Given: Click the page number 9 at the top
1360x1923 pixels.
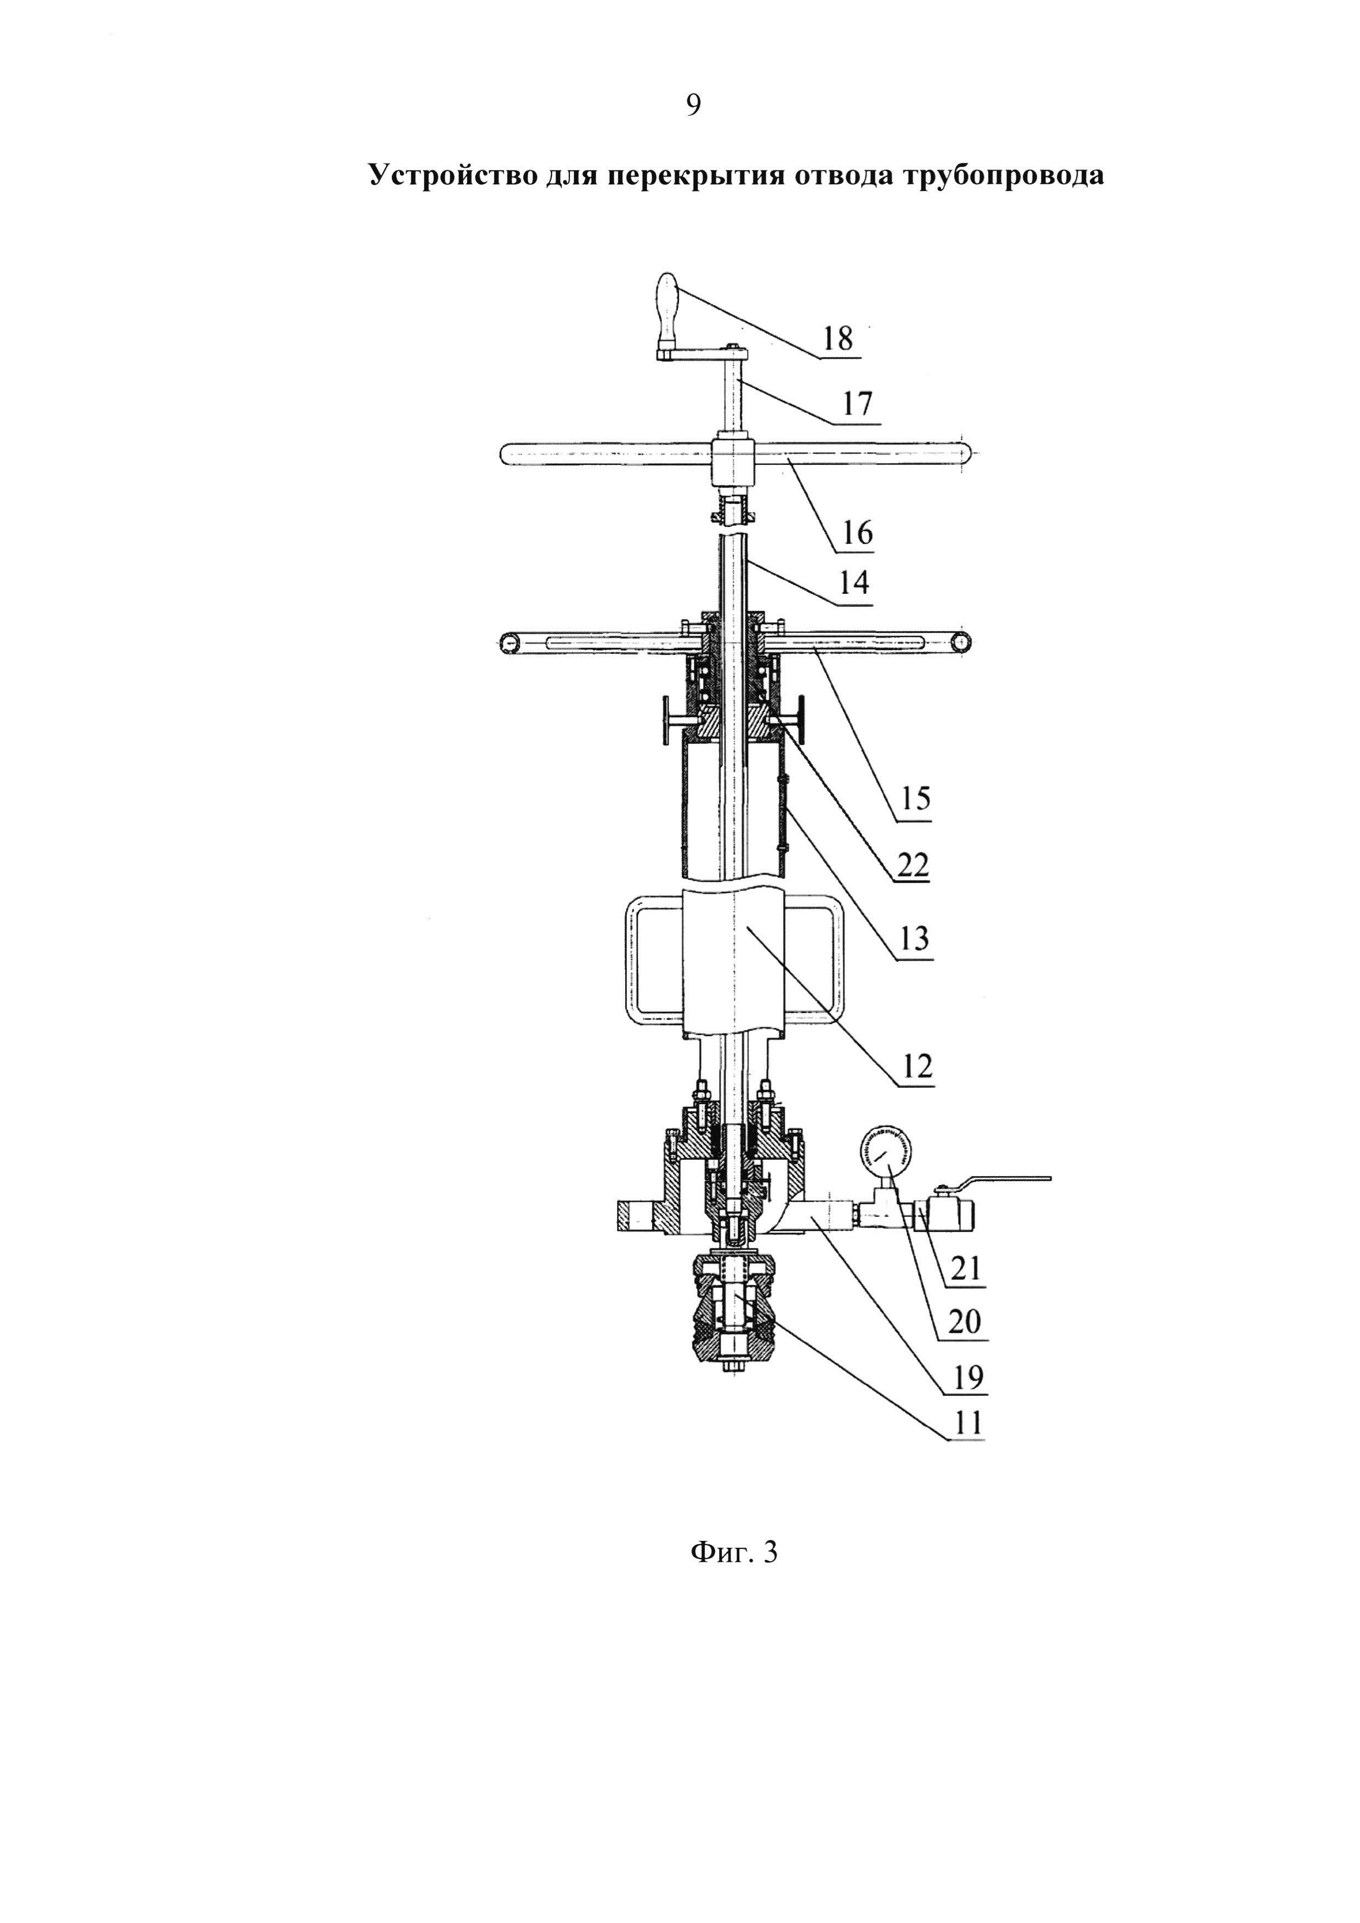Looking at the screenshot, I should [693, 105].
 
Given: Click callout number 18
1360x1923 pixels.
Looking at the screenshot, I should [837, 339].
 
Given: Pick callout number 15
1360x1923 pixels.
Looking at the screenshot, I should [915, 799].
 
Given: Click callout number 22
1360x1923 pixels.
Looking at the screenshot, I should [913, 864].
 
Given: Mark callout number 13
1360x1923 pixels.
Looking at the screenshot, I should [915, 939].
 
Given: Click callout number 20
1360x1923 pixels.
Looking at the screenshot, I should [965, 1323].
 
